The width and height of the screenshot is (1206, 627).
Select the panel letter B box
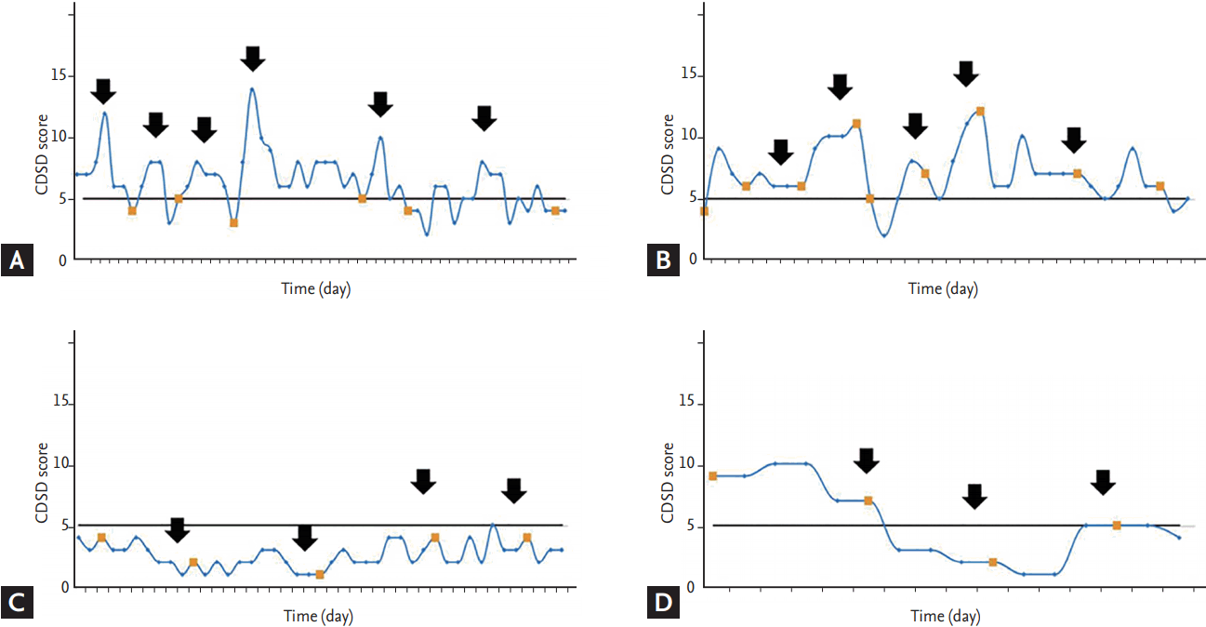(x=663, y=262)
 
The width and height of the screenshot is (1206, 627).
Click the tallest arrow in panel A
(x=253, y=58)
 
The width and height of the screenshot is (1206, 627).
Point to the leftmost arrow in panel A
(x=104, y=91)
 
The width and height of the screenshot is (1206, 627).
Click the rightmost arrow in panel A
(x=484, y=118)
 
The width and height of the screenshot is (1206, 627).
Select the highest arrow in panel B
(x=966, y=73)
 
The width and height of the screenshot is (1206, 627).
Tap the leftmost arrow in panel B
(x=781, y=152)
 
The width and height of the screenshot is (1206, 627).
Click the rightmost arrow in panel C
(x=514, y=489)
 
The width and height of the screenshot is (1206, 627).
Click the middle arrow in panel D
(x=974, y=497)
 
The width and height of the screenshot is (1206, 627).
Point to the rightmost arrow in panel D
(x=1103, y=482)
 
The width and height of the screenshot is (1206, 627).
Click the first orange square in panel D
(x=713, y=475)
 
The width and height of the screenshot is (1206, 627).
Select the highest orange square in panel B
(x=980, y=111)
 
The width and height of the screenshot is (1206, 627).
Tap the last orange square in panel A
(x=555, y=210)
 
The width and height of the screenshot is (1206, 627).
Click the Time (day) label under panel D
(x=945, y=616)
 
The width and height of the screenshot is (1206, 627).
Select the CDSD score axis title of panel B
(x=669, y=153)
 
